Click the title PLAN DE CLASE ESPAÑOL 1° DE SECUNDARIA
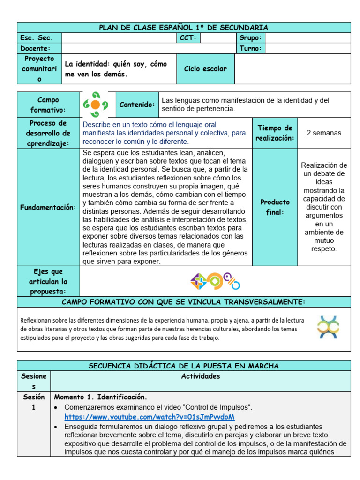(183, 27)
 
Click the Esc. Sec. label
(37, 38)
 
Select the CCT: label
(188, 38)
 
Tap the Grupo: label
(250, 38)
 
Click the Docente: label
(35, 48)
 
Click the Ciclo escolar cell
(205, 69)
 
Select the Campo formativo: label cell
(48, 105)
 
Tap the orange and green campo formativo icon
(95, 105)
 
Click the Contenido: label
(137, 105)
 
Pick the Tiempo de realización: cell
(275, 133)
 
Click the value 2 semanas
(323, 133)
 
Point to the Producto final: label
(275, 207)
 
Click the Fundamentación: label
(48, 207)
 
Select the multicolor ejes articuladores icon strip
(215, 281)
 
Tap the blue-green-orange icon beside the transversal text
(328, 327)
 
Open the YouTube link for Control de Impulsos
(149, 417)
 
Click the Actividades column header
(200, 376)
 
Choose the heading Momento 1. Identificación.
(101, 397)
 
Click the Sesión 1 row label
(34, 402)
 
